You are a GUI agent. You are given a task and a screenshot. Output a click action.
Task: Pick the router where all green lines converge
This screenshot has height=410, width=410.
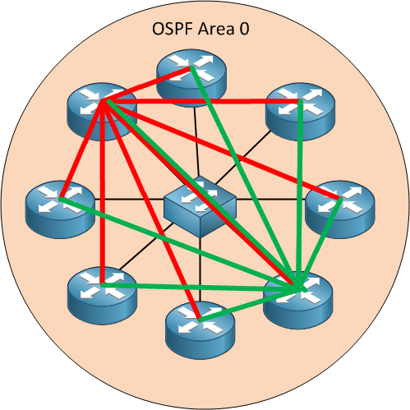pos(297,292)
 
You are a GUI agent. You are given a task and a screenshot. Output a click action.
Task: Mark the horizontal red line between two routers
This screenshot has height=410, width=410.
pos(197,102)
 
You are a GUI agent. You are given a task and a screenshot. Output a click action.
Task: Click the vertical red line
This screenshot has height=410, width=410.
pos(101,197)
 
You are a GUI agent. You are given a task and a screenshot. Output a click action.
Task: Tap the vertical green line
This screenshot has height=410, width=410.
pos(302,197)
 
